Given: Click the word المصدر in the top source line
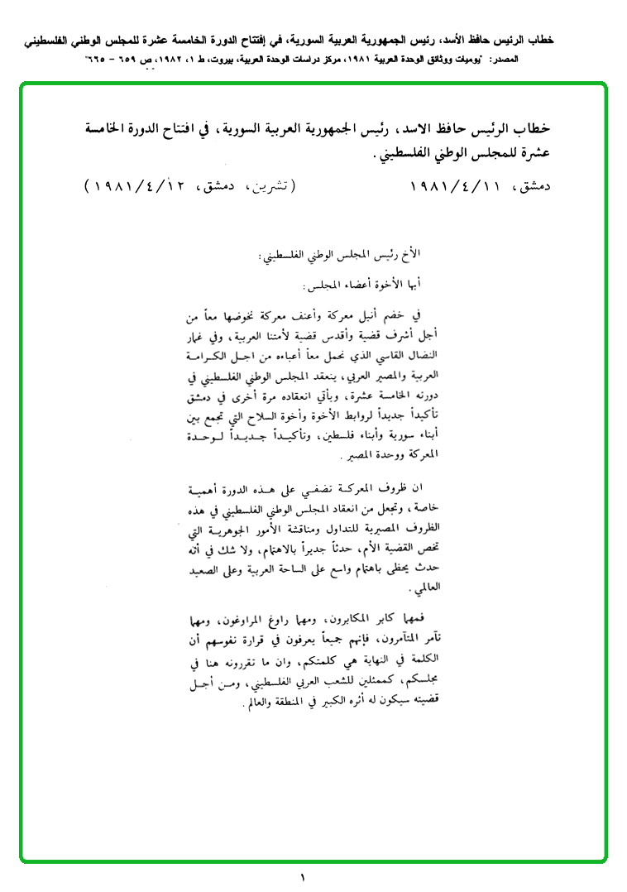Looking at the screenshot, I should click(x=536, y=60).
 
